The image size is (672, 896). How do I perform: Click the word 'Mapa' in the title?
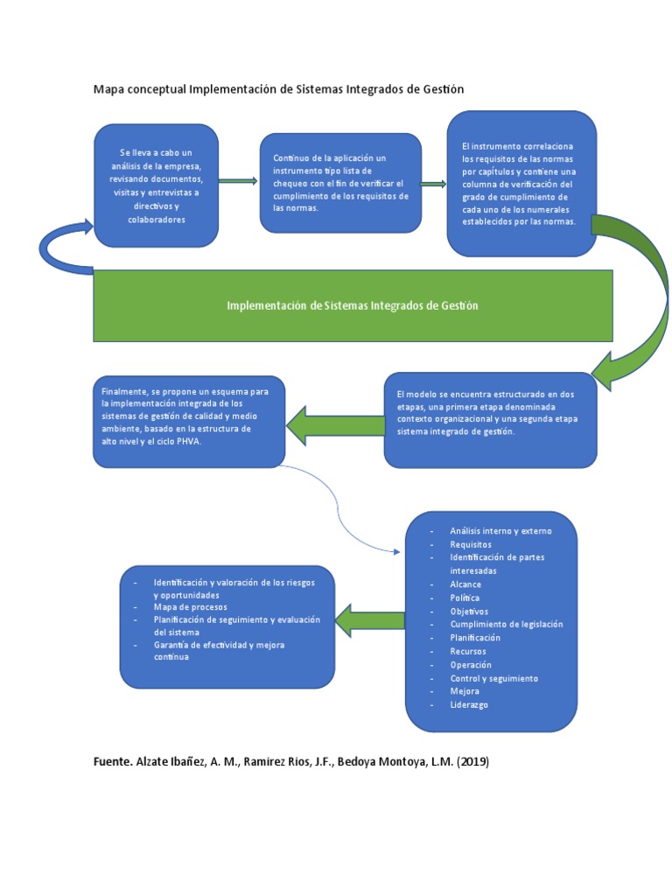[110, 89]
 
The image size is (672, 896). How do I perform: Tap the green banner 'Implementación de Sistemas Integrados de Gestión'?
[353, 305]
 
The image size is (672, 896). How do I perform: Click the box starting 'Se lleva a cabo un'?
[157, 185]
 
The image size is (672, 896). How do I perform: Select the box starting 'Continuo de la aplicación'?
[341, 183]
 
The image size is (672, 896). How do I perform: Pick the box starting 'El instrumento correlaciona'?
[521, 183]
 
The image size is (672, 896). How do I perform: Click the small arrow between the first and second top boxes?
[238, 181]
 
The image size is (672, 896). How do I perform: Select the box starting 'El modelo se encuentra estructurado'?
[490, 419]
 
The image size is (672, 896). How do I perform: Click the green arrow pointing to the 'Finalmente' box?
[334, 424]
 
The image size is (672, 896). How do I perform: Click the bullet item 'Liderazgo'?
[468, 704]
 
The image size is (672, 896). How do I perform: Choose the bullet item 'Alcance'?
[465, 584]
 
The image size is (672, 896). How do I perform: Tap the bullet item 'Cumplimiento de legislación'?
[506, 624]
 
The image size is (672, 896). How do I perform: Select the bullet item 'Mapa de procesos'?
[190, 606]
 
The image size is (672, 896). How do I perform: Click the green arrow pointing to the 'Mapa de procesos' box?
[370, 620]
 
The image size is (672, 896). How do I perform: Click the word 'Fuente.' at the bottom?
[113, 761]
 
